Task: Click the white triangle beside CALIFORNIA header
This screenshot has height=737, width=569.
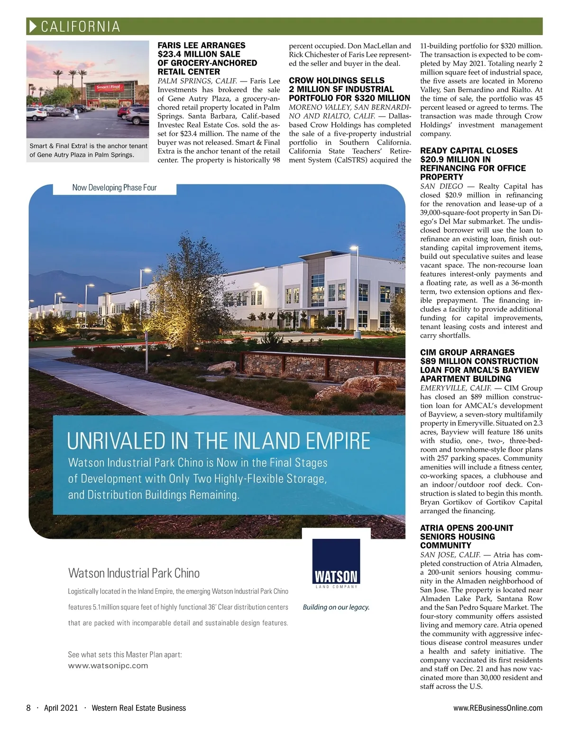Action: [x=33, y=27]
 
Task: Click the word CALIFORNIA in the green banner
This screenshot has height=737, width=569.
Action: [x=81, y=27]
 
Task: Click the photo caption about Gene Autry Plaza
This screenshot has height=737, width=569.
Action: [x=88, y=150]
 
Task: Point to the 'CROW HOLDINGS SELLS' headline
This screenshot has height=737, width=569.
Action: [x=337, y=81]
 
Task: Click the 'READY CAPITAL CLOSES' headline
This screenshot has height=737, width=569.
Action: [x=468, y=151]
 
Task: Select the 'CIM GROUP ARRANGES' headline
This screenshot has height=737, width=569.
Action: [x=467, y=352]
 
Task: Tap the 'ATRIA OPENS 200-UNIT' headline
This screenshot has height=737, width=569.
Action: [x=466, y=528]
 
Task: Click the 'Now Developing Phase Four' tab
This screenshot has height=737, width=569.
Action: [x=114, y=188]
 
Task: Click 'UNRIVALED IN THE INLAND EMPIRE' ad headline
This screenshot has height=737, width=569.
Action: [x=219, y=440]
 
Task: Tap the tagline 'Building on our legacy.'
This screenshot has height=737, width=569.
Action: [x=336, y=607]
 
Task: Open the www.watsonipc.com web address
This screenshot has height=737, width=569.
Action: [x=108, y=665]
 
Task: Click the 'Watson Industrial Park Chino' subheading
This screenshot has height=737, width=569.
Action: [x=134, y=573]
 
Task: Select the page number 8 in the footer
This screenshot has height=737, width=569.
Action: [x=28, y=708]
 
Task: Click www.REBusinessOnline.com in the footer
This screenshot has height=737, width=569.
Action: [x=497, y=708]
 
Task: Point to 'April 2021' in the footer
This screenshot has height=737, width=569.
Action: [x=61, y=708]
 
